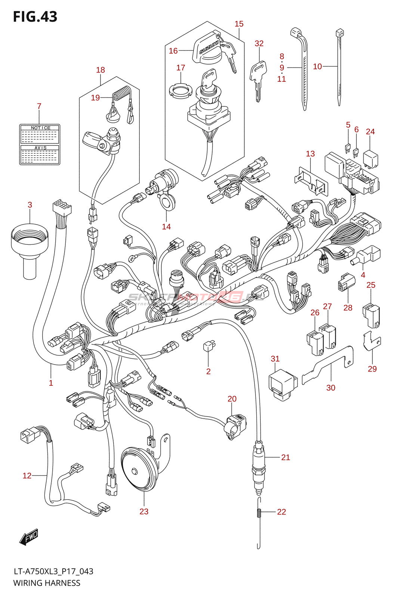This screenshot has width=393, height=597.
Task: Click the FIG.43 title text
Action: (35, 17)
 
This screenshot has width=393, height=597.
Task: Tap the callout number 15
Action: (239, 24)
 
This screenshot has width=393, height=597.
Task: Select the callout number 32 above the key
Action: (259, 43)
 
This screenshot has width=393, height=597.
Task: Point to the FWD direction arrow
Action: (29, 537)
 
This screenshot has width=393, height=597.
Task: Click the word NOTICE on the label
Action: (40, 128)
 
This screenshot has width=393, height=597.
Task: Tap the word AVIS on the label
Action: (40, 148)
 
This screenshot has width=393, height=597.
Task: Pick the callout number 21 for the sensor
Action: (285, 457)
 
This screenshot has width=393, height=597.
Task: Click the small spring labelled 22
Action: (258, 513)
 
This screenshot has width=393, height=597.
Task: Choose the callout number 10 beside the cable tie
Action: (317, 66)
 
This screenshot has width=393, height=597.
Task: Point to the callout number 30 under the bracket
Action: (331, 388)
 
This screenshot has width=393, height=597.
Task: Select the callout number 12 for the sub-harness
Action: (27, 475)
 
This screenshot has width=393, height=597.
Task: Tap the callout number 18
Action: (100, 70)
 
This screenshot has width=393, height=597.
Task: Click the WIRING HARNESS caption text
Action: (47, 583)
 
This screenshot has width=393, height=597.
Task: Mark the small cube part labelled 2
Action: (208, 346)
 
